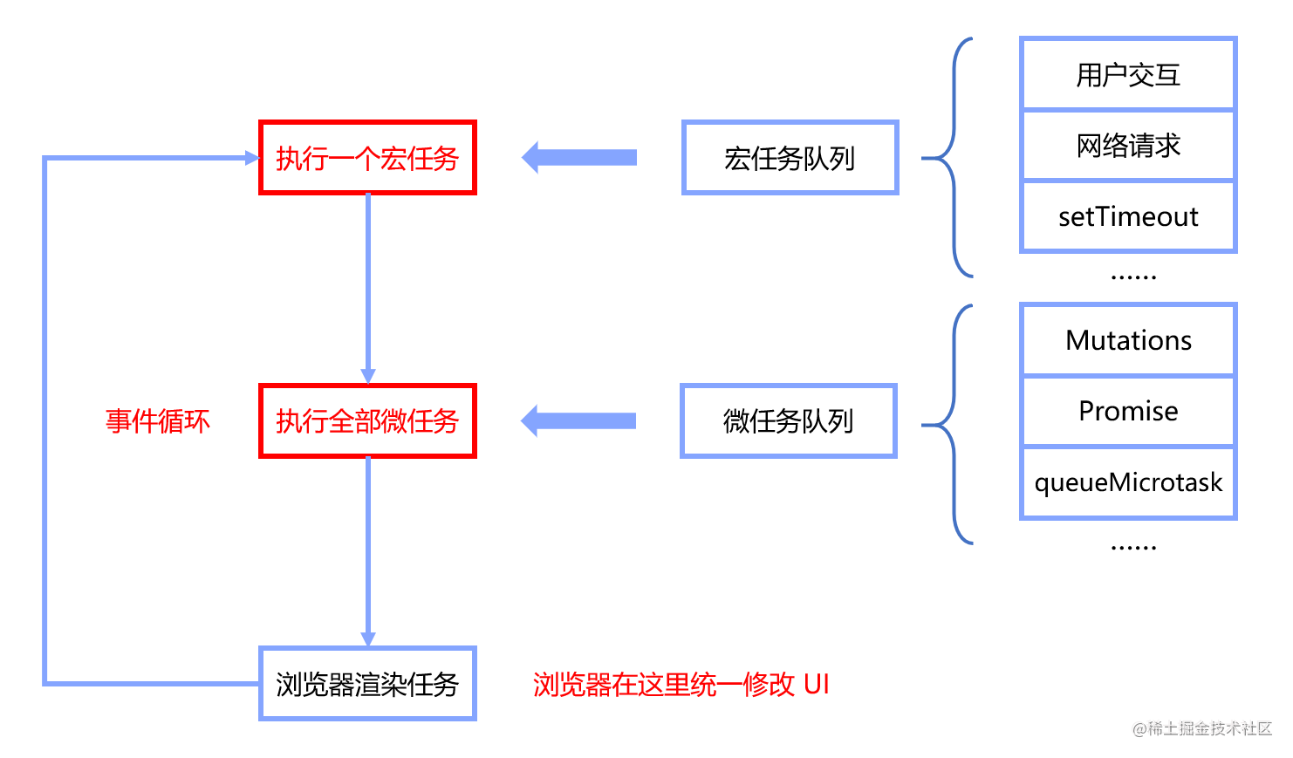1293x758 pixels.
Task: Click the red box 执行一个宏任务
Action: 367,158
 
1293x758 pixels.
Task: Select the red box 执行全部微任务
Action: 367,421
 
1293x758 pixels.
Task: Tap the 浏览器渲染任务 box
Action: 367,684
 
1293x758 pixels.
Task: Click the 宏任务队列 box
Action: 790,158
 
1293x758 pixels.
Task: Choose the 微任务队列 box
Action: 788,421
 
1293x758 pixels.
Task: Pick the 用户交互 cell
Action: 1128,75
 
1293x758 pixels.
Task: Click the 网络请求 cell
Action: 1128,146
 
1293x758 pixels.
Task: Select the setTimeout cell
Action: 1128,216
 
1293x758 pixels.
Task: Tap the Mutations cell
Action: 1128,340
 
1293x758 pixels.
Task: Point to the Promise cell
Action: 1128,411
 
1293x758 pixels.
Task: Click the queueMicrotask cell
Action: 1128,482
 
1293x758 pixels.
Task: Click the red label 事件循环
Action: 158,421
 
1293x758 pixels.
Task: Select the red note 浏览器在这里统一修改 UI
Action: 681,685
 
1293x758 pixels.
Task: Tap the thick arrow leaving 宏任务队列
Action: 579,158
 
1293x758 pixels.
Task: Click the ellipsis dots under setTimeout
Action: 1133,277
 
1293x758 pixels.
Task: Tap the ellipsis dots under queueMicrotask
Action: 1133,548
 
